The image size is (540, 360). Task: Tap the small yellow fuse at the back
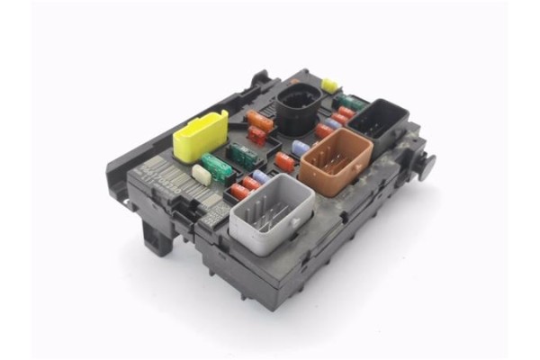pos(329,85)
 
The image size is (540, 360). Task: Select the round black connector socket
pos(297,111)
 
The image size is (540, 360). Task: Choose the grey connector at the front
pos(270,211)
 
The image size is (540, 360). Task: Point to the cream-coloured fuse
pos(202,175)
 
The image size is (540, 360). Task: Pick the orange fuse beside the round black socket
pos(260,120)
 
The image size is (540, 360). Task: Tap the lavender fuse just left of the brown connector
pos(301,148)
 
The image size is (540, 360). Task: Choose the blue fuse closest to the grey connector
pos(260,177)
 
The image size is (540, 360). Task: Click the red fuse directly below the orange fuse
pos(257,137)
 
